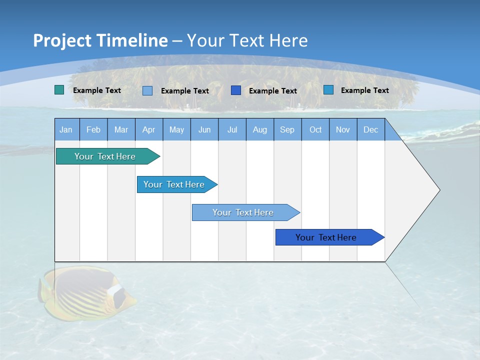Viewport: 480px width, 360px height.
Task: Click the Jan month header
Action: pos(66,129)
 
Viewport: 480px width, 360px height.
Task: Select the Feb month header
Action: pos(93,129)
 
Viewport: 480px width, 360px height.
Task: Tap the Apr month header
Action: pos(149,129)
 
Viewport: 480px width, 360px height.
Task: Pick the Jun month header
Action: pos(204,129)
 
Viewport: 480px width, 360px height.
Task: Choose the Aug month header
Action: pos(260,129)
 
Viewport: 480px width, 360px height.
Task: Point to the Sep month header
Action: pos(287,129)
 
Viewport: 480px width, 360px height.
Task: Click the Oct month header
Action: pos(315,129)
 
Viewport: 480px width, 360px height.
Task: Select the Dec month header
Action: pos(371,129)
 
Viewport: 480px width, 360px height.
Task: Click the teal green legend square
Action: pos(59,90)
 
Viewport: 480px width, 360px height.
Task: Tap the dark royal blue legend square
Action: pos(236,90)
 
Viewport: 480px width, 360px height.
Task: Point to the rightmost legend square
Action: pos(328,90)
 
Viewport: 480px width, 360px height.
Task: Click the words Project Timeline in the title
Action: pos(100,40)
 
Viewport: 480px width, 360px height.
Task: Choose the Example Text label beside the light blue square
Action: pos(185,91)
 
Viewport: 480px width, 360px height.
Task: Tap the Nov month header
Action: pos(343,129)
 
